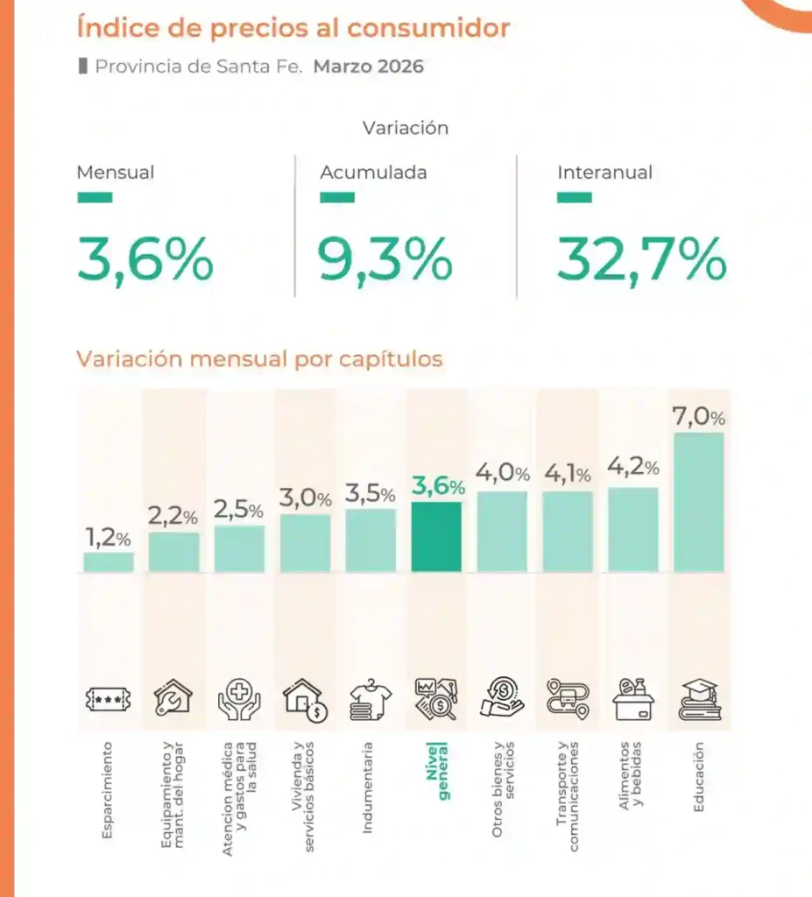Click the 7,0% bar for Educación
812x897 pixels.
698,502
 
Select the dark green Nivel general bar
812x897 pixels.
436,537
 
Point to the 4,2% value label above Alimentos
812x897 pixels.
632,470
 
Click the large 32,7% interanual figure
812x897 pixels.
642,260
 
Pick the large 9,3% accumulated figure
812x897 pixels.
385,260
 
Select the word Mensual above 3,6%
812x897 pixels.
116,173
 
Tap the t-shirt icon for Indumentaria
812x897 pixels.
371,699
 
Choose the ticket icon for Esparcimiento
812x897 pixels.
109,699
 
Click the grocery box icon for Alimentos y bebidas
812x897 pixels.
633,699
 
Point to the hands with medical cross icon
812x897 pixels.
239,699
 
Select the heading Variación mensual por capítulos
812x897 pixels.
259,359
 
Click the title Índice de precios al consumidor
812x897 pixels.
293,28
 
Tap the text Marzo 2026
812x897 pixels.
369,67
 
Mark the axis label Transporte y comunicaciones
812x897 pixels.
568,795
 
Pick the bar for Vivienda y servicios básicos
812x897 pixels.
306,543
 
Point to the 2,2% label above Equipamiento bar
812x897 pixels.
173,517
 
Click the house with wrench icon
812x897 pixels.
173,699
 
